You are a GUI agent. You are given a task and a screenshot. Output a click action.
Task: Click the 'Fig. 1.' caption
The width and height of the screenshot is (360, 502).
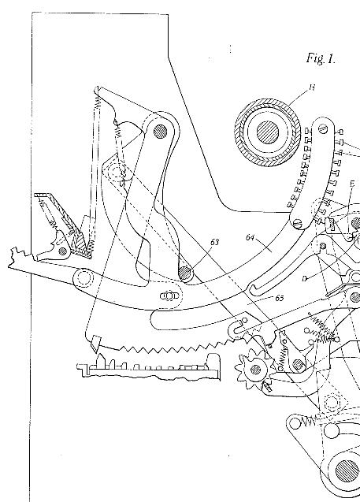(321, 58)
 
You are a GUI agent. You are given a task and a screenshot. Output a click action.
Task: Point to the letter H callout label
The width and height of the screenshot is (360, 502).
(312, 87)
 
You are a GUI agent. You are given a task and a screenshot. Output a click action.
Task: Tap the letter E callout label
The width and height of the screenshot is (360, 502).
(352, 184)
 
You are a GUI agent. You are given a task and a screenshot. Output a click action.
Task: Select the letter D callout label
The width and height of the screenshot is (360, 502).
(304, 279)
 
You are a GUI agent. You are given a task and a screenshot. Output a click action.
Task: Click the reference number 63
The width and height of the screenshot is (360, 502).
(215, 242)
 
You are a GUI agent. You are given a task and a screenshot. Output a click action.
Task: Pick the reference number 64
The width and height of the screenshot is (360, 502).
(251, 237)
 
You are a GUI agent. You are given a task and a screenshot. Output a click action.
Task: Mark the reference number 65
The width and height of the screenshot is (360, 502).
(280, 298)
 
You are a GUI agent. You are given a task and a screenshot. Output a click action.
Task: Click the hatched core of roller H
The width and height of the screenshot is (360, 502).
(268, 132)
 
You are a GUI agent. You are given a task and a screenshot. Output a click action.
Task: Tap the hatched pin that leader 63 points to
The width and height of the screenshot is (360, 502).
(185, 273)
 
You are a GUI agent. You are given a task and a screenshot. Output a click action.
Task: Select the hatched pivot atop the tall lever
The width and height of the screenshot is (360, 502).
(161, 131)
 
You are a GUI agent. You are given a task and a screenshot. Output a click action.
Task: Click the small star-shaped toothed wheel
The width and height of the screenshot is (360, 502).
(254, 370)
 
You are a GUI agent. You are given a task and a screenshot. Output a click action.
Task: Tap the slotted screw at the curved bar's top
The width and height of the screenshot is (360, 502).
(323, 128)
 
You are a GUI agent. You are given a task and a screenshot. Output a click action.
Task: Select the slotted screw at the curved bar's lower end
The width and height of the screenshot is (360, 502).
(299, 222)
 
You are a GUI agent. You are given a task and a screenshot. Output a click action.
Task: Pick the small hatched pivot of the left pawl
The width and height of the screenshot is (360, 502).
(62, 250)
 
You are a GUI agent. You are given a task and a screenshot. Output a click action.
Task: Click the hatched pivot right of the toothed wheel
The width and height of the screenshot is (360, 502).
(298, 364)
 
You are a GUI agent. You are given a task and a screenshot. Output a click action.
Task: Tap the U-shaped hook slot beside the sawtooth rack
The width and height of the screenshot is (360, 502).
(236, 329)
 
